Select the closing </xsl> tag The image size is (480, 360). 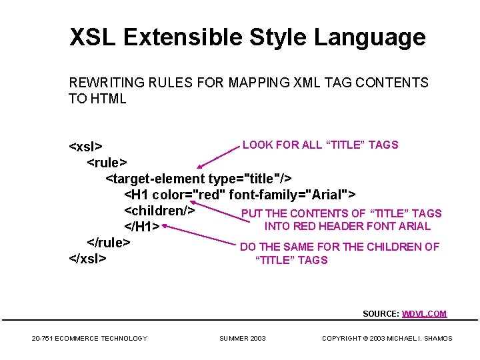point(87,259)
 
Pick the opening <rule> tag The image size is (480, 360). point(107,162)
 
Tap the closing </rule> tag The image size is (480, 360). point(109,242)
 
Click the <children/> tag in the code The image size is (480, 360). point(159,211)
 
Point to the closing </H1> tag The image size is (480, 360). point(142,227)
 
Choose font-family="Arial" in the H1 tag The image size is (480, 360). point(290,195)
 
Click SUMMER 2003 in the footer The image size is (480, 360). point(243,339)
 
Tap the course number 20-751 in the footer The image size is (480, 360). point(43,339)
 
